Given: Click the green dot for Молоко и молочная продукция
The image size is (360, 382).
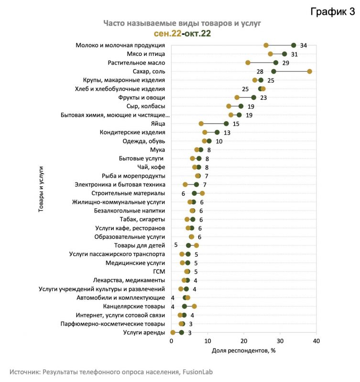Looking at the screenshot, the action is coord(294,45).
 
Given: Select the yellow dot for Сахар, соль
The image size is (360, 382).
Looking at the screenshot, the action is coord(309,71).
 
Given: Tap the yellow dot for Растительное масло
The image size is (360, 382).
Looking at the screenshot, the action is coord(248,63).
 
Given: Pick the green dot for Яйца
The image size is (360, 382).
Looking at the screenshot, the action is coord(226,124).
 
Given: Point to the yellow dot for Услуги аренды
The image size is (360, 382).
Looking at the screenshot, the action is coord(173,332).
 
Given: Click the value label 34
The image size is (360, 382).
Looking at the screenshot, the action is coord(304,45).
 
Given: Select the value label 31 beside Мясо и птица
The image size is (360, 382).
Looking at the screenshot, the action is coord(295,54).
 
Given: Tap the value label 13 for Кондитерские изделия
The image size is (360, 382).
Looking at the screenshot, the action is coord(227,133).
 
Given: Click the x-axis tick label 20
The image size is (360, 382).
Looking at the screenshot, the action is coord(244,341).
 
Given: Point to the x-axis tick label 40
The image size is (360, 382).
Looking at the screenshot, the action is coord(316,341).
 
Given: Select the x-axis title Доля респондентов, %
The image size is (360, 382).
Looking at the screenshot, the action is coord(244,350).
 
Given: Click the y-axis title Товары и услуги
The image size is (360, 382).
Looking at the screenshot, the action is coord(41,189).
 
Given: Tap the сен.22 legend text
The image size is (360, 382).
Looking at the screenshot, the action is coord(167,33).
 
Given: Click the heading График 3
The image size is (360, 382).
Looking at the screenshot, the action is coord(332,11).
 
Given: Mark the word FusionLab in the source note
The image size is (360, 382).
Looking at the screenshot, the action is coord(197,372).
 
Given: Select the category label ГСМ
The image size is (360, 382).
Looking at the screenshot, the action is coord(159,272).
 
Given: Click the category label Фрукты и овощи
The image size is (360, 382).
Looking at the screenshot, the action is coord(142,98).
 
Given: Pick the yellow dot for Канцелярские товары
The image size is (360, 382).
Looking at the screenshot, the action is coord(194,307).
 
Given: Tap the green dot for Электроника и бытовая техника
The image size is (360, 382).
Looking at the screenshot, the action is coord(196,185).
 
